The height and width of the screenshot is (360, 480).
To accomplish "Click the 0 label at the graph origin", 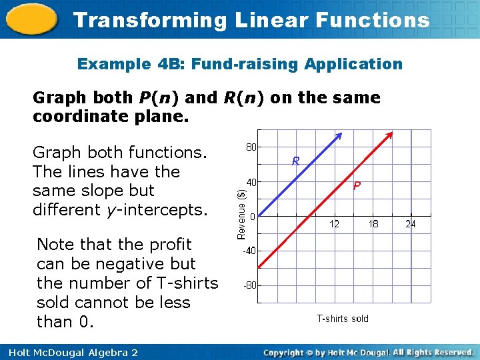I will (251, 217).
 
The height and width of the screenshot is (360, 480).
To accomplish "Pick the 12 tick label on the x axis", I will (334, 225).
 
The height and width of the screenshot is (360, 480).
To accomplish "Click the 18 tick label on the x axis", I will (373, 225).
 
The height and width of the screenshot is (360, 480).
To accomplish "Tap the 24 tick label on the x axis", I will (411, 225).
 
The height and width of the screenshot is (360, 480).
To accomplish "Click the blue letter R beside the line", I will (295, 161).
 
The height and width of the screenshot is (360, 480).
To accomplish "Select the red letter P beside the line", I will (357, 186).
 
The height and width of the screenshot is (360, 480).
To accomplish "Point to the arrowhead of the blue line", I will (339, 136).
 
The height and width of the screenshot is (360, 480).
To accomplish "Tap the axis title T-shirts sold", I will (342, 319).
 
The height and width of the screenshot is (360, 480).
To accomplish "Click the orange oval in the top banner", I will (31, 20).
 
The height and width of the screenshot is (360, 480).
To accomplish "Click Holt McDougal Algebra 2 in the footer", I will (70, 352).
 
